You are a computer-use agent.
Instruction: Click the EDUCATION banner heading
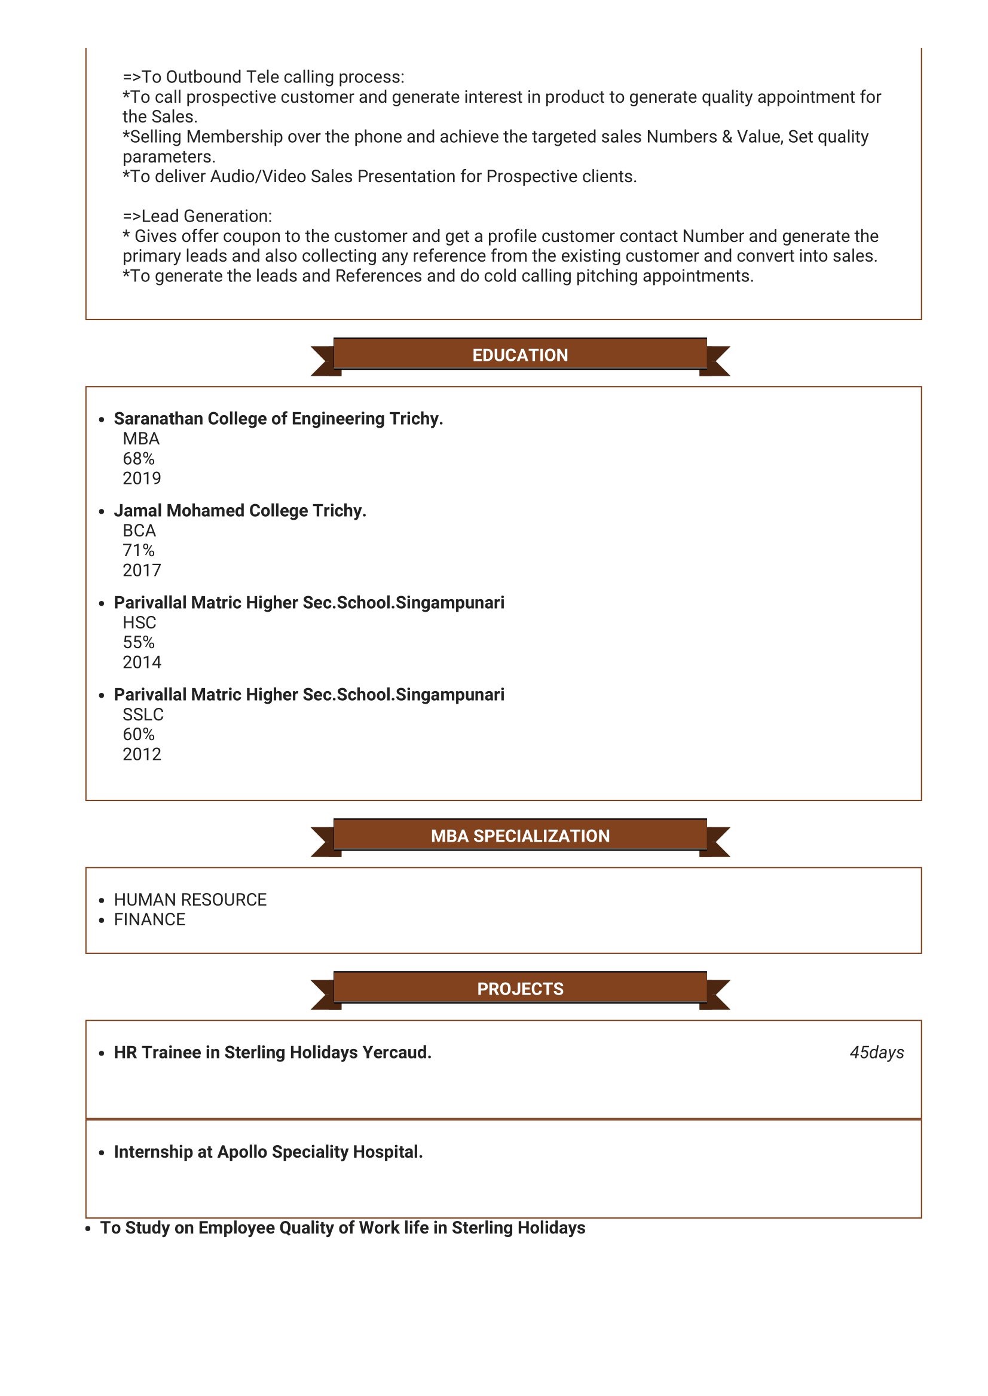tap(520, 355)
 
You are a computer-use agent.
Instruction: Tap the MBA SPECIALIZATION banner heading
tap(520, 836)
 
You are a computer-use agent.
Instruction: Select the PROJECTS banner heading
tap(520, 989)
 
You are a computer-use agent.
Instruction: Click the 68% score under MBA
tap(139, 458)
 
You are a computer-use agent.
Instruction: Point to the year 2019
tap(142, 478)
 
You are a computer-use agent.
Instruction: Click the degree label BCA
tap(139, 531)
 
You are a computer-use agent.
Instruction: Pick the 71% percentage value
tap(139, 550)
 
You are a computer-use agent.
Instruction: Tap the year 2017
tap(142, 570)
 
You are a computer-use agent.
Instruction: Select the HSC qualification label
tap(139, 622)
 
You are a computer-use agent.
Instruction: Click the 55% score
tap(139, 642)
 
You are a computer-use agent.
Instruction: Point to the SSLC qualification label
tap(143, 714)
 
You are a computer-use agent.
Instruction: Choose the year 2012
tap(142, 754)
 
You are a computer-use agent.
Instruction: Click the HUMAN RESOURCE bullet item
tap(190, 900)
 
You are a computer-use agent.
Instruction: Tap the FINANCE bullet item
tap(149, 919)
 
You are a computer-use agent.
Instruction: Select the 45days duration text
tap(877, 1053)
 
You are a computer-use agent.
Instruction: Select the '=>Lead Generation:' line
tap(197, 216)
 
